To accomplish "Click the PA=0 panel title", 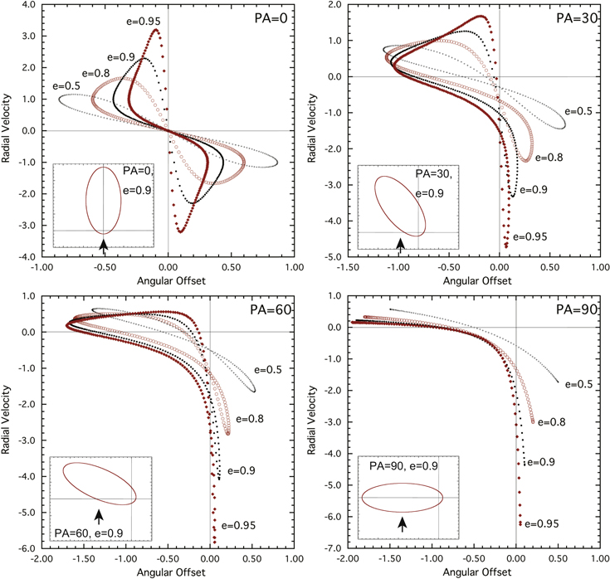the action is pos(271,18).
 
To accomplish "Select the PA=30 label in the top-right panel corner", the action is pos(577,18).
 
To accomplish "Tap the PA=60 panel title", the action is pos(271,309).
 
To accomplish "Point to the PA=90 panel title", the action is pos(577,309).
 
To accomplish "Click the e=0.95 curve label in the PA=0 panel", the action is pos(143,22).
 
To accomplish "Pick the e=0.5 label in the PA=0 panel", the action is pos(66,85).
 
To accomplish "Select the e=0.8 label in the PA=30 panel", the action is pos(549,158).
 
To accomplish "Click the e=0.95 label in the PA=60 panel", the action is pos(238,526).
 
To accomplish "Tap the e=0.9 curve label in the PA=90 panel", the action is pos(541,462).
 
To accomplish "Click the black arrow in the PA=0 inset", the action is pos(104,246).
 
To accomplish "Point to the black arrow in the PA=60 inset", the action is pos(100,517).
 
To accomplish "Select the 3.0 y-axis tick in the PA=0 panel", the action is pos(28,36).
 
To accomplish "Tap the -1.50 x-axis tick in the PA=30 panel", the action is pos(348,267).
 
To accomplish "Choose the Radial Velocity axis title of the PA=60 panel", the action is pos(6,420).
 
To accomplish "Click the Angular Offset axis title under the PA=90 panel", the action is pos(477,572).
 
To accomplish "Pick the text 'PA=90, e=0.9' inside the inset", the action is pos(403,466).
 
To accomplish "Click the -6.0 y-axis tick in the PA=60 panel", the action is pos(27,548).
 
